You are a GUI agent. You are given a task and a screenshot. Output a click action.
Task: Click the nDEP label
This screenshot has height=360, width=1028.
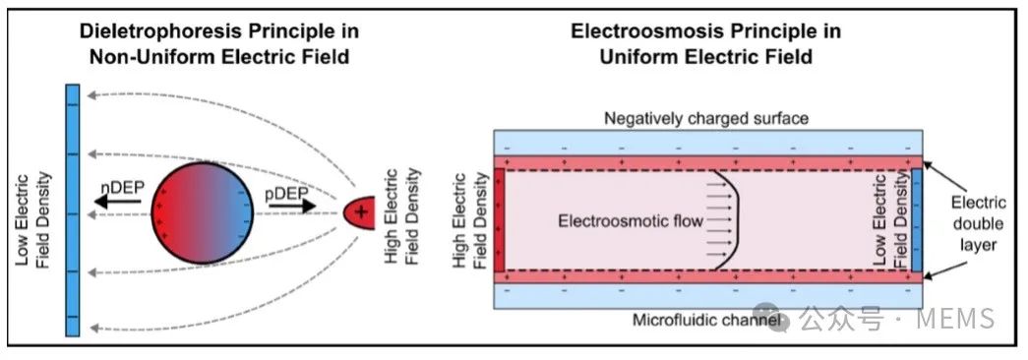pos(122,188)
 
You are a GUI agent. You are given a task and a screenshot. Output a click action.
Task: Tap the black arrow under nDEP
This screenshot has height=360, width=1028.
pos(117,202)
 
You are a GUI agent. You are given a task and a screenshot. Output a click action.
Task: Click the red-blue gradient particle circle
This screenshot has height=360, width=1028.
pos(202,212)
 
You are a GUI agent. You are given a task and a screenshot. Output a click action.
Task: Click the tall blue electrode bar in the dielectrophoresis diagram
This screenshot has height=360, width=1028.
pos(73,210)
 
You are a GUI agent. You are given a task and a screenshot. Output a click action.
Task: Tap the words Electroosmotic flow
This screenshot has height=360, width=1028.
pos(630,221)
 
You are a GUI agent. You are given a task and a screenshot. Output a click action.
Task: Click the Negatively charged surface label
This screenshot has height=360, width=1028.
pos(706,119)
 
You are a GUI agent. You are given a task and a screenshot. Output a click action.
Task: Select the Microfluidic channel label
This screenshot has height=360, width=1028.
pos(706,321)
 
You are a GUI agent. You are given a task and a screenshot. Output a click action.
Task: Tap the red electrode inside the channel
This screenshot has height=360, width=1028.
pos(500,219)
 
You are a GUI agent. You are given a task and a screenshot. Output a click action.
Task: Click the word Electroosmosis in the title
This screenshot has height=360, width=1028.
pos(639,31)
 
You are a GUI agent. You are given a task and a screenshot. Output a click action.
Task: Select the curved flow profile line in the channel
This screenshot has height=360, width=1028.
pos(732,219)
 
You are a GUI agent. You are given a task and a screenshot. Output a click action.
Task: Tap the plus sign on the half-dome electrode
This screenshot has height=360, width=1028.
pos(359,212)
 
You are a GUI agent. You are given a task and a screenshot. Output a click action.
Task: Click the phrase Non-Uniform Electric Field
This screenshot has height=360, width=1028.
pos(219,57)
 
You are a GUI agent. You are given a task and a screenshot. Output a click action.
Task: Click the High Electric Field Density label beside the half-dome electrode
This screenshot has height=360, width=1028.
pos(401,216)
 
